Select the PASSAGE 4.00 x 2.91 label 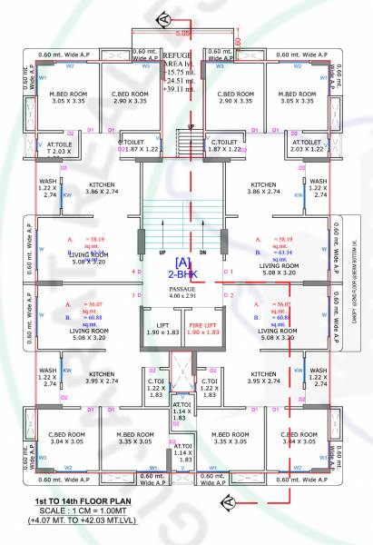click(x=186, y=292)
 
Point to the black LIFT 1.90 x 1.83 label click(x=163, y=328)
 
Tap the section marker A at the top click(x=163, y=17)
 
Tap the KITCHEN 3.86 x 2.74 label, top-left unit click(x=102, y=188)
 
